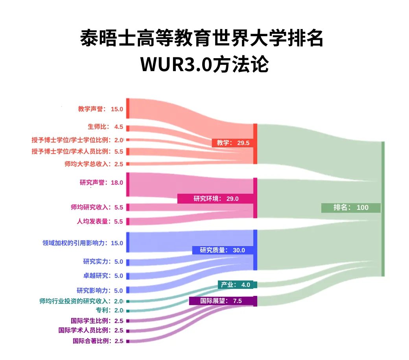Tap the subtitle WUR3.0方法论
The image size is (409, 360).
coord(204,64)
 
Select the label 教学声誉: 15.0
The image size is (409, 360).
coord(101,109)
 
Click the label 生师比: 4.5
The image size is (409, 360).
coord(105,127)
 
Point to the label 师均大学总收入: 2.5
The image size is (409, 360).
coord(94,164)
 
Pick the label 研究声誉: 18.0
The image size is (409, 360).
coord(101,182)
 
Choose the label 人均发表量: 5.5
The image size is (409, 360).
coord(100,221)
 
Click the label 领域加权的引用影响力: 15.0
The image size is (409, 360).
coord(83,243)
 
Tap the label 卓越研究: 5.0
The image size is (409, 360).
coord(103,276)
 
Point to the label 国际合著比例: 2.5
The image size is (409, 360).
coord(98,341)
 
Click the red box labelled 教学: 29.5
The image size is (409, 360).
coord(232,143)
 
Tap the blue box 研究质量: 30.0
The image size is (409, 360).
coord(222,250)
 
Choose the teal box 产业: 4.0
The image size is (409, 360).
coord(237,285)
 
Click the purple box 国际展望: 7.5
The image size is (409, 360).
coord(223,301)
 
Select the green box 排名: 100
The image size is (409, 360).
coord(351,208)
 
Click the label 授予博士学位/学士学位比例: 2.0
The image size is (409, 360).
coord(77,140)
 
